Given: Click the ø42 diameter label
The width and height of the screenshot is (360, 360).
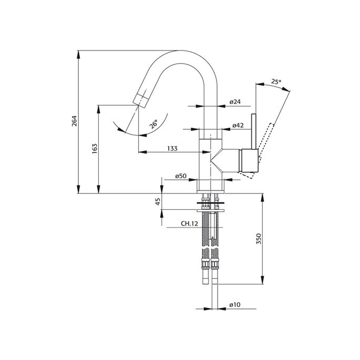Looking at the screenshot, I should [237, 126].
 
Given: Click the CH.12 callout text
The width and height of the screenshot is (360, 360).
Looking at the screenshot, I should [189, 224].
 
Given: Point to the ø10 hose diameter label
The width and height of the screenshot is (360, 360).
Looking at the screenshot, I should [234, 304].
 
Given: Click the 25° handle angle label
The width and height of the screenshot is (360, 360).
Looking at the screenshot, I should [276, 81].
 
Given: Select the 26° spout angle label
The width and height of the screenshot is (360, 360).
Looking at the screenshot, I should [152, 125].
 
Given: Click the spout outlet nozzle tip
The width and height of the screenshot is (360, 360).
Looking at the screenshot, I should [141, 98].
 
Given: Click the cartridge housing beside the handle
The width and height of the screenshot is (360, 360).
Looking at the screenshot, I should [248, 161].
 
